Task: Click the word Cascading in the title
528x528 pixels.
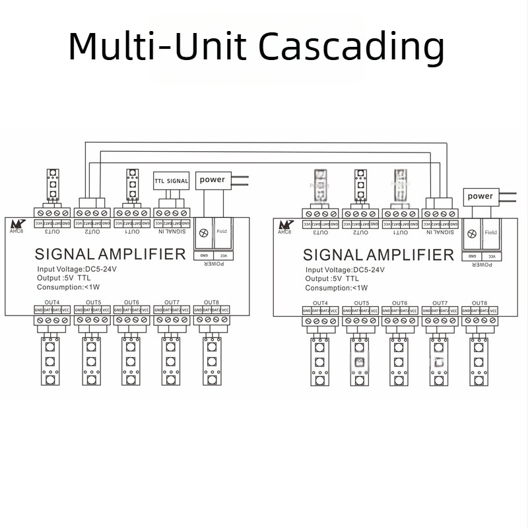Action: [350, 48]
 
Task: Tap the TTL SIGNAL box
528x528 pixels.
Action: [172, 180]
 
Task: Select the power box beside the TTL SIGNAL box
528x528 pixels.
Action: [212, 180]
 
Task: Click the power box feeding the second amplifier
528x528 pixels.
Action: [480, 196]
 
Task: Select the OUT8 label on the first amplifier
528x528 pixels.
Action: [211, 302]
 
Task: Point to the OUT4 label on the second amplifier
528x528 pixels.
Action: [320, 303]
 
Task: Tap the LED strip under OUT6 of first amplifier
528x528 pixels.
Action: [131, 362]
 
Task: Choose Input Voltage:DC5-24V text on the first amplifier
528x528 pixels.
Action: [79, 269]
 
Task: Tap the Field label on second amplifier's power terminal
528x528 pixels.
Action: [490, 233]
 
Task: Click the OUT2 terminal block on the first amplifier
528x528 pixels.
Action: [92, 213]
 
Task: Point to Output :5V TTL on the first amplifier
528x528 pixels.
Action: [63, 279]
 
